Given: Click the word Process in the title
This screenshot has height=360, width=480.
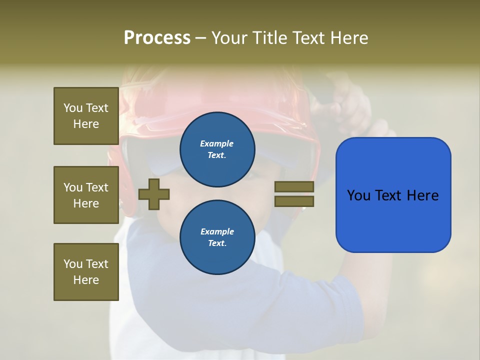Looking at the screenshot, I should click(157, 38).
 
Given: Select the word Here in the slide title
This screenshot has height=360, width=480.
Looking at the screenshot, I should click(347, 38).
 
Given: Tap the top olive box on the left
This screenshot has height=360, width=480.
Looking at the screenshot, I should click(86, 116).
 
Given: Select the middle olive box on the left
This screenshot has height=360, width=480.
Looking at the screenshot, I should click(86, 195).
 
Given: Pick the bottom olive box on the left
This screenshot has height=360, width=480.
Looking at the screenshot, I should click(86, 271).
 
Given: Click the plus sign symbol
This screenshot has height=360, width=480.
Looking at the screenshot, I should click(154, 194).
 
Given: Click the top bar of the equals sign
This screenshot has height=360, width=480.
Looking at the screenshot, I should click(294, 186).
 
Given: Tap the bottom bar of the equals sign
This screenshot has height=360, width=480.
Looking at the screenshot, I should click(294, 201).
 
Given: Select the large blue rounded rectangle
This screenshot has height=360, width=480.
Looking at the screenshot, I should click(393, 220).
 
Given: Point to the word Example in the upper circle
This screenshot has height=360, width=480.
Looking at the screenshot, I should click(217, 143).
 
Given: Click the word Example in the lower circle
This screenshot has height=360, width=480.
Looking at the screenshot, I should click(217, 231).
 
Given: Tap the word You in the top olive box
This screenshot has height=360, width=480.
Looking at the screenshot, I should click(73, 108).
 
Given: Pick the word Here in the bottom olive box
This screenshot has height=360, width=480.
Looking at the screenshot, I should click(86, 280).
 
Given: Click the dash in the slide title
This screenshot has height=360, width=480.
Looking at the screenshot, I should click(200, 38).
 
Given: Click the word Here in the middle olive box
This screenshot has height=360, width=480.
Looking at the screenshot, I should click(86, 203).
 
